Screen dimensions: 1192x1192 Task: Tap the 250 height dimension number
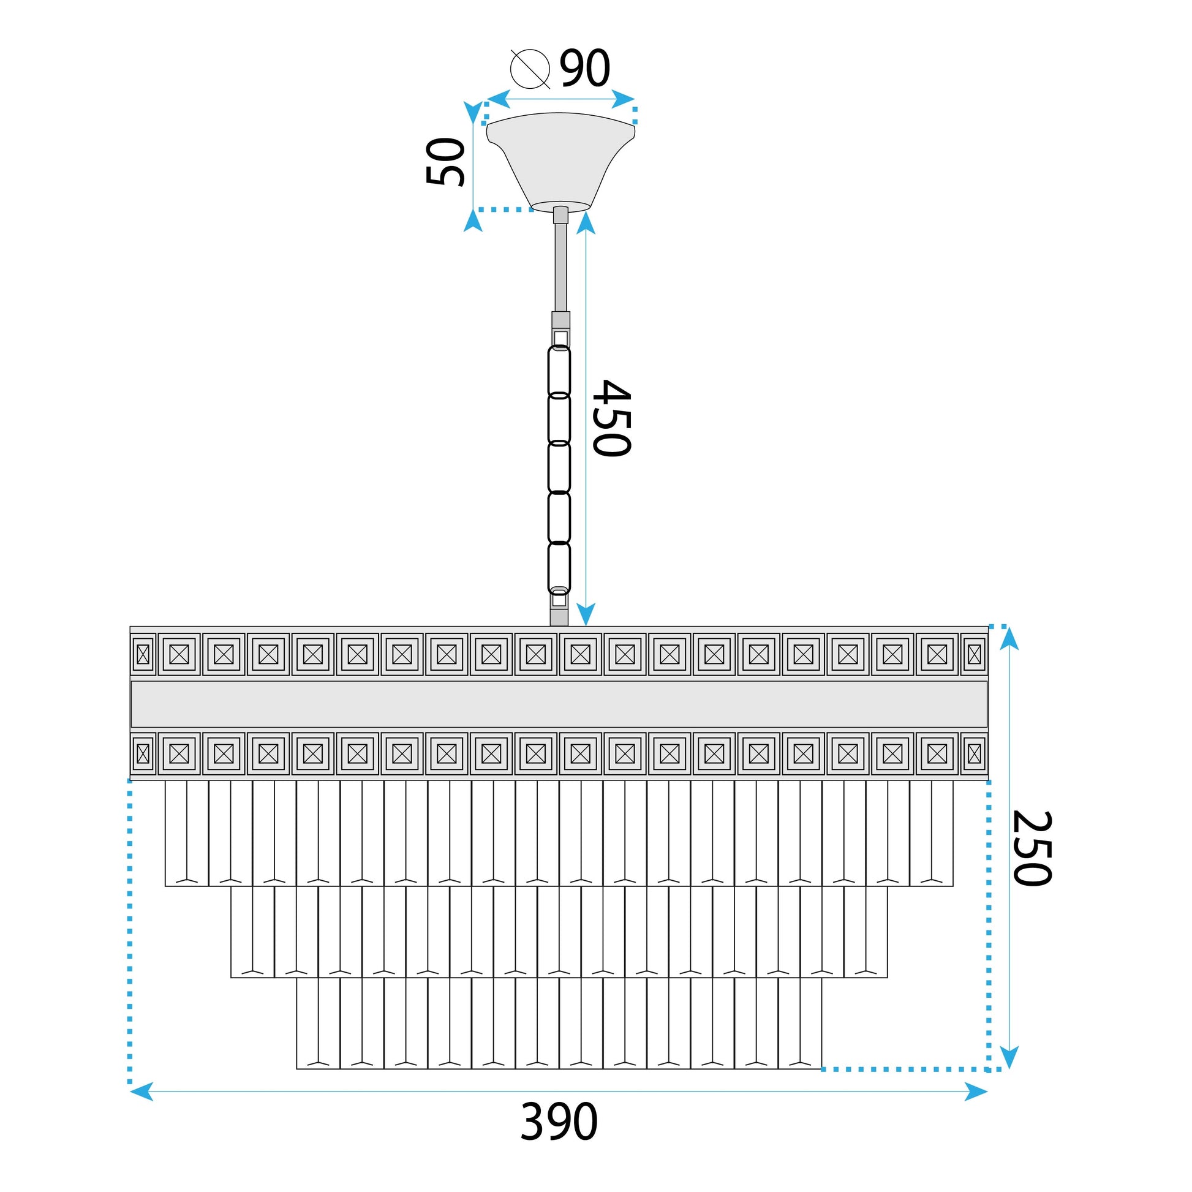(1032, 848)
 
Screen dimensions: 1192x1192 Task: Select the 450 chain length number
(611, 418)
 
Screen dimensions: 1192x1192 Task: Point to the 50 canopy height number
(445, 162)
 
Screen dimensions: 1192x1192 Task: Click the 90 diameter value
(584, 67)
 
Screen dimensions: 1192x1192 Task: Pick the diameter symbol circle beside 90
(530, 69)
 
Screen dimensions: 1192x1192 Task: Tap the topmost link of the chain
(559, 370)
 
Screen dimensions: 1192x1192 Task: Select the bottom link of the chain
(559, 568)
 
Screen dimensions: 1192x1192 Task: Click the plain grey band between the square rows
(559, 704)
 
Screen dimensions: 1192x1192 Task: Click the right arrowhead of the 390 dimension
(976, 1092)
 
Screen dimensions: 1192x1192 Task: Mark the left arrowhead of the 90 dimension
(499, 99)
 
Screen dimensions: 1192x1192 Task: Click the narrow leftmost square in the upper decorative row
(143, 654)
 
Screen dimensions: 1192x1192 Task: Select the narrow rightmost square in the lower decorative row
(974, 753)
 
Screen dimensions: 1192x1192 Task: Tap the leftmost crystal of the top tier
(187, 833)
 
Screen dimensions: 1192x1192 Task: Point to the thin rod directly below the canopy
(560, 265)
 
